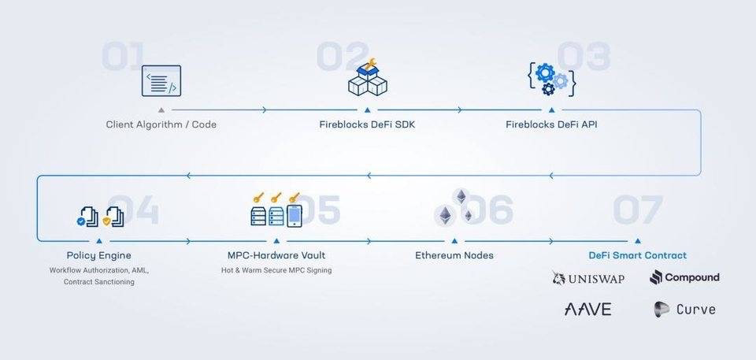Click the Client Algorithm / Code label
161,124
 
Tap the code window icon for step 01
161,81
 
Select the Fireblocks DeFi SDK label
367,124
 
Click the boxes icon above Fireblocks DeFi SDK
367,77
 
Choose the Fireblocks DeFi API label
551,124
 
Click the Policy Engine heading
99,255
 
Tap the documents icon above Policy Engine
101,216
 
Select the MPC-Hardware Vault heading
276,255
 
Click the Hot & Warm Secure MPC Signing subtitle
276,270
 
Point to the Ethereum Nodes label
454,255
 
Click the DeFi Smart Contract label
637,255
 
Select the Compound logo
684,277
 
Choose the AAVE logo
587,309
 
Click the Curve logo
684,309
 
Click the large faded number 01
123,57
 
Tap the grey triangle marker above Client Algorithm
161,110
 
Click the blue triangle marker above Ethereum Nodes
454,240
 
